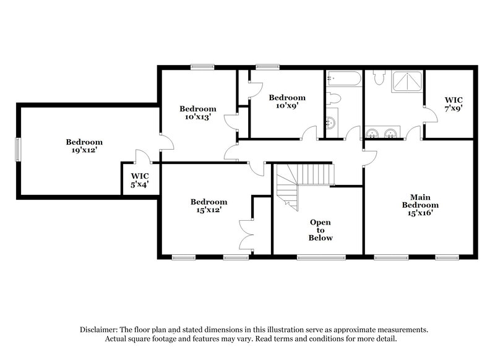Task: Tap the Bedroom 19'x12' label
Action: tap(84, 146)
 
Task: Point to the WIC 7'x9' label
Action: tap(454, 103)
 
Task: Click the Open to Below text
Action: tap(321, 229)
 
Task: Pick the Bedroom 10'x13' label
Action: tap(198, 113)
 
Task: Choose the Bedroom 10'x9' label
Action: tap(286, 101)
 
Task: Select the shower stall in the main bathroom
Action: tap(407, 82)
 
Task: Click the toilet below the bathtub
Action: tap(334, 98)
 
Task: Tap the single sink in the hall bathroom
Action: tap(331, 122)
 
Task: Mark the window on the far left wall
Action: tap(18, 149)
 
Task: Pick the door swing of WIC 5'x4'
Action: tap(142, 155)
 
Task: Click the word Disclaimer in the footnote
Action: tap(99, 330)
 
